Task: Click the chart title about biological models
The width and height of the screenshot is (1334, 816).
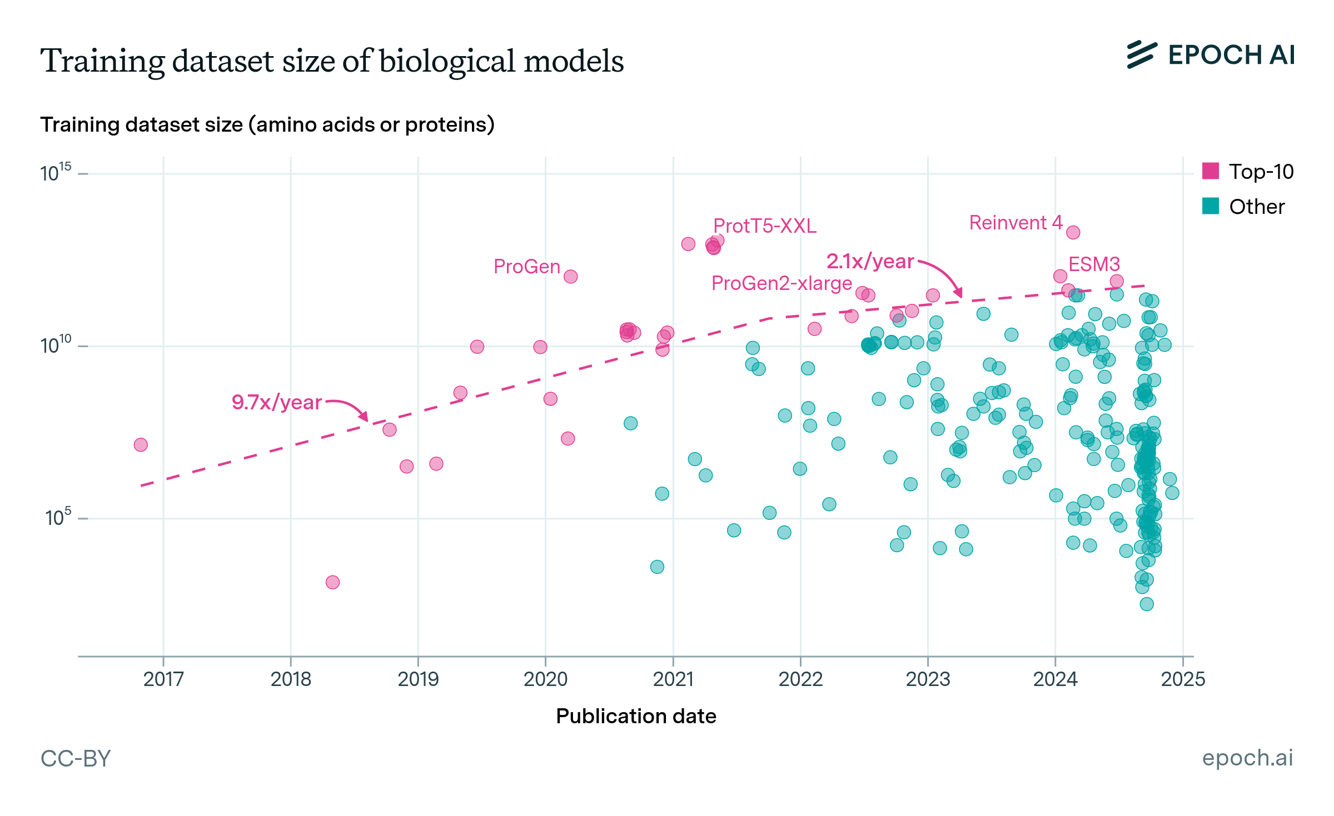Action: point(332,61)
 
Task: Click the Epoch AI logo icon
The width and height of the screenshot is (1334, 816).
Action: point(1142,55)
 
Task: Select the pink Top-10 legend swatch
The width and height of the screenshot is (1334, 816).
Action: point(1210,171)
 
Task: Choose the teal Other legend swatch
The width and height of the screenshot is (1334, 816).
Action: point(1210,206)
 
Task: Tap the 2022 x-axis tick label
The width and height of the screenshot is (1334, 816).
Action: point(800,679)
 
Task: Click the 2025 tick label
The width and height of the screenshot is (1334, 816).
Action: point(1183,679)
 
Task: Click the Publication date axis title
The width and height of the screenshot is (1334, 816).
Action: point(636,716)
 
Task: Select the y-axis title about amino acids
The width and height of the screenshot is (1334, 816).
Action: point(267,124)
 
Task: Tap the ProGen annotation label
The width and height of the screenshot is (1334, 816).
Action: point(526,267)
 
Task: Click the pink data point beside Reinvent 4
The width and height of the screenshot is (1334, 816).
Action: point(1073,232)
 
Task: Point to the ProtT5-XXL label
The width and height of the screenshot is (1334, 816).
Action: point(765,226)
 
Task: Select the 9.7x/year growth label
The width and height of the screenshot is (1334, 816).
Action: point(277,402)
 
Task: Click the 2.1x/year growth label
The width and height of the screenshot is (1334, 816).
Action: point(870,261)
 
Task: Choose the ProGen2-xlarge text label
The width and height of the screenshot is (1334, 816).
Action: point(782,283)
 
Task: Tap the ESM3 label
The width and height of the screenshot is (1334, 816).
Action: point(1094,264)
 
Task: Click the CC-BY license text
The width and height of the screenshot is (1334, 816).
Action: point(76,758)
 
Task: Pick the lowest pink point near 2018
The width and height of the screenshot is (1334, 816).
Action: point(332,582)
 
